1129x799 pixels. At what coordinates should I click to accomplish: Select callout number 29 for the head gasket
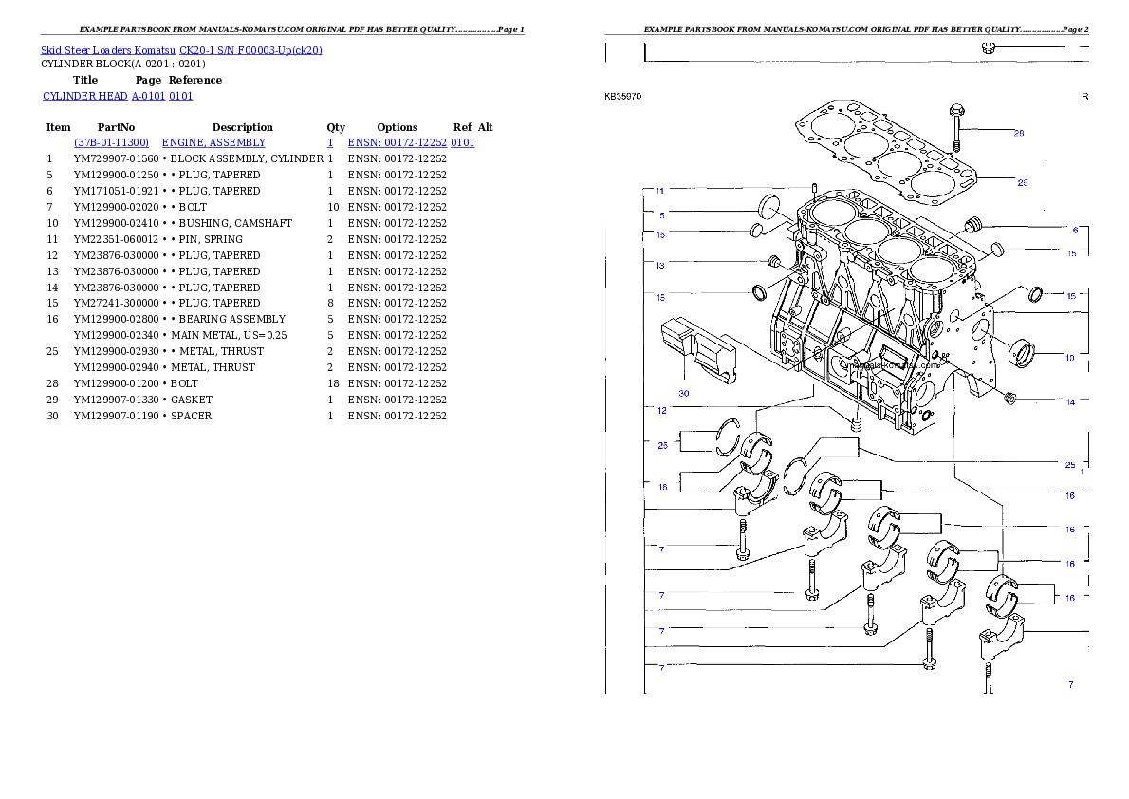(1022, 182)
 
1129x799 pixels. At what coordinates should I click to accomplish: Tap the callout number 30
(683, 393)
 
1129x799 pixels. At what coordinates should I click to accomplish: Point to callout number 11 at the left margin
(660, 192)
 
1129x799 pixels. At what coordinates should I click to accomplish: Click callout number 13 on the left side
(660, 266)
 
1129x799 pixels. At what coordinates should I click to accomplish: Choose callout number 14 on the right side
(1070, 402)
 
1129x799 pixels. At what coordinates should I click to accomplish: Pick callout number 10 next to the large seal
(1069, 358)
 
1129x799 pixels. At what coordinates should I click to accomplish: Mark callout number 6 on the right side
(1075, 230)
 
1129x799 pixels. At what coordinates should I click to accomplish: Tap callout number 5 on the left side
(661, 215)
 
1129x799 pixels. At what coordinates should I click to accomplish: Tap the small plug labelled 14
(1009, 396)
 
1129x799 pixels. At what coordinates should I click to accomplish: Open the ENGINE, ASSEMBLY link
(213, 142)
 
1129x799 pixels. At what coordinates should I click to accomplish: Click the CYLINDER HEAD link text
(119, 97)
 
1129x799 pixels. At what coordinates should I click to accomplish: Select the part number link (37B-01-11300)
(111, 142)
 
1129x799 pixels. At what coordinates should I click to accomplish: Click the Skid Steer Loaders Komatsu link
(181, 50)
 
